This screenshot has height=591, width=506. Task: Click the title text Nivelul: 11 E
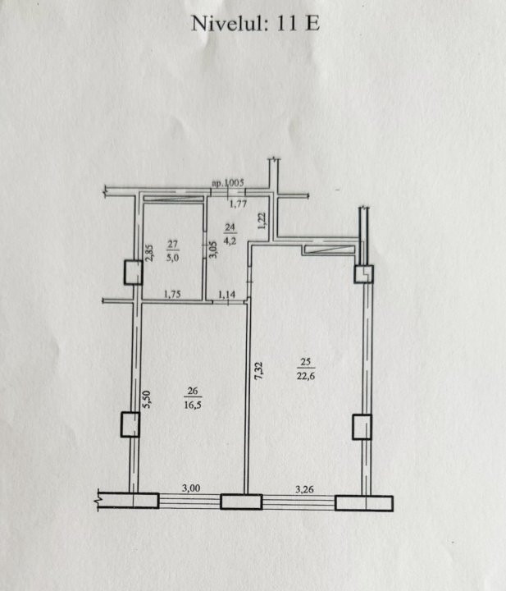point(255,23)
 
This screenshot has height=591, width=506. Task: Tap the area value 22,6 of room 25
point(306,376)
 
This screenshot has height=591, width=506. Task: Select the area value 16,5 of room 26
point(193,405)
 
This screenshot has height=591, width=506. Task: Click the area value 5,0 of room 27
point(172,258)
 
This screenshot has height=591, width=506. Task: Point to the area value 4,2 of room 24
point(230,241)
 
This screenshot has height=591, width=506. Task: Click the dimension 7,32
point(258,370)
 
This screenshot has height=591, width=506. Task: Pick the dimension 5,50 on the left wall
point(146,400)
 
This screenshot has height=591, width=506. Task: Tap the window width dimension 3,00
point(191,488)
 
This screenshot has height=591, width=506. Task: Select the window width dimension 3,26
point(304,489)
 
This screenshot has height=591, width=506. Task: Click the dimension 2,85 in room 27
point(149,253)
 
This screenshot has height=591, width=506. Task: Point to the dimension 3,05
point(212,250)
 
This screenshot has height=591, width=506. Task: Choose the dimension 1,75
point(172,294)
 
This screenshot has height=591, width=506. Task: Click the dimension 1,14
point(227,294)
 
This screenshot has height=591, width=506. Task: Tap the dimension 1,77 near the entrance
point(239,204)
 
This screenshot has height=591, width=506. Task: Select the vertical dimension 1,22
point(262,221)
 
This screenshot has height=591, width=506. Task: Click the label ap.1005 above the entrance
point(228,183)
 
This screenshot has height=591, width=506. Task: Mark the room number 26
point(193,391)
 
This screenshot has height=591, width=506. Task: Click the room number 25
point(306,362)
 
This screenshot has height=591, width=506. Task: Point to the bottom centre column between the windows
point(241,502)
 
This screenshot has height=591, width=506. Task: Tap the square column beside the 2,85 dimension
point(134,273)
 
